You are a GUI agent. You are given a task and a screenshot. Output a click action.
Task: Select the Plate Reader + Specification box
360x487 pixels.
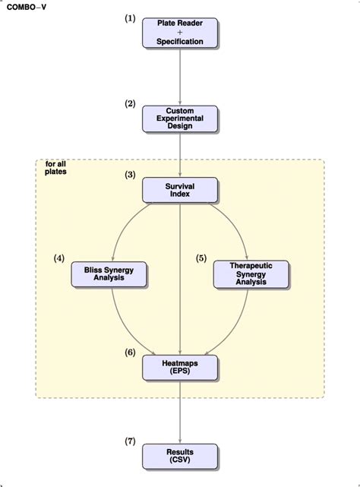(x=180, y=33)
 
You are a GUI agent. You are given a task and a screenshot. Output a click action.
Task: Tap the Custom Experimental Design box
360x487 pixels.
(x=180, y=118)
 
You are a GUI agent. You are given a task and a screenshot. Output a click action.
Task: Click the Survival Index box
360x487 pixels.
(x=180, y=190)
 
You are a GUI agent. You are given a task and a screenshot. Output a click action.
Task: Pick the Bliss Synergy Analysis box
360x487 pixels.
(x=109, y=274)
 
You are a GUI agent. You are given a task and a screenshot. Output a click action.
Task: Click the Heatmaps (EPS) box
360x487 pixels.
(x=180, y=367)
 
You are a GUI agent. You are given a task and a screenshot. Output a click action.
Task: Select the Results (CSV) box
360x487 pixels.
(x=180, y=456)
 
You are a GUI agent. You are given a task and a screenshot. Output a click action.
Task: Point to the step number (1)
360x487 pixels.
(x=131, y=18)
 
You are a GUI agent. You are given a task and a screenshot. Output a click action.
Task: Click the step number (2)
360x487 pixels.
(x=131, y=103)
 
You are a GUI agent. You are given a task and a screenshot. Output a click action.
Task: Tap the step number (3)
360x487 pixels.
(x=131, y=175)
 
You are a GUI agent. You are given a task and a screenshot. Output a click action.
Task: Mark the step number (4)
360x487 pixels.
(x=59, y=258)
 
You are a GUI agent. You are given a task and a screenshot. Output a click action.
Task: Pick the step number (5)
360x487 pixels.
(x=201, y=258)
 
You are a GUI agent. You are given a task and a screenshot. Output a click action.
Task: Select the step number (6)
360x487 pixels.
(x=131, y=352)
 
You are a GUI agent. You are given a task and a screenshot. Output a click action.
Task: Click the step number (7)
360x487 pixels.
(x=131, y=441)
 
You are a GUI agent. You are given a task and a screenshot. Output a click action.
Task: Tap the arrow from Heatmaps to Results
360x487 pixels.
(x=180, y=410)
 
